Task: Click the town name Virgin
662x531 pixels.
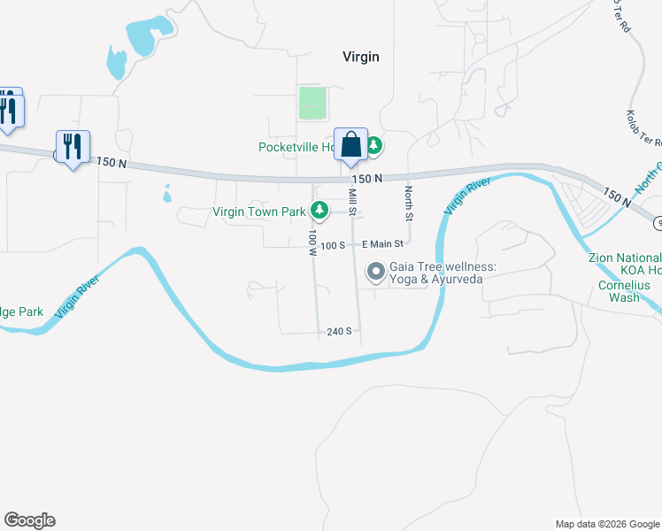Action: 360,57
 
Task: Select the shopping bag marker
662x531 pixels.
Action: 350,144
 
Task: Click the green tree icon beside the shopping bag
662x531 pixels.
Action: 373,145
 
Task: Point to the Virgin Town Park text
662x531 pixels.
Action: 258,212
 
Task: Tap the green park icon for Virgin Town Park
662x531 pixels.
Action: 319,211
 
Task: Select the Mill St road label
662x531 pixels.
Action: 352,202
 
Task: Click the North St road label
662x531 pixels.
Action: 409,202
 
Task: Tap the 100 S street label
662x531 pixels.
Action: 333,244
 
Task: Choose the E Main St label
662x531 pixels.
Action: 381,243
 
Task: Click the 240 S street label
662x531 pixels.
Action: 339,331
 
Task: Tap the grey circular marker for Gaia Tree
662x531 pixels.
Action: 375,272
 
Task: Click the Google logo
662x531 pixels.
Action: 29,520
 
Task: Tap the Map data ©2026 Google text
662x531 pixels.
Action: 606,524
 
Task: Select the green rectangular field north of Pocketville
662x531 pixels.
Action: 312,103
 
